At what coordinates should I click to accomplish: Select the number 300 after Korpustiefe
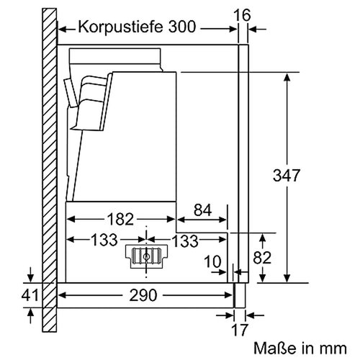click(x=182, y=27)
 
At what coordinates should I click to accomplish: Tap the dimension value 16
click(x=242, y=15)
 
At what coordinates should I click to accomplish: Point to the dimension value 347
click(x=287, y=175)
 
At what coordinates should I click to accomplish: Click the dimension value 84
click(x=203, y=210)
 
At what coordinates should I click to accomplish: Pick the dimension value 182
click(x=120, y=219)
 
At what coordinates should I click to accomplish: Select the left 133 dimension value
click(x=104, y=240)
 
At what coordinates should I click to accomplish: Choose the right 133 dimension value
click(x=185, y=240)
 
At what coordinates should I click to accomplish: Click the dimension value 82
click(x=262, y=258)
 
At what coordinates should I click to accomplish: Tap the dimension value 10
click(x=213, y=261)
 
